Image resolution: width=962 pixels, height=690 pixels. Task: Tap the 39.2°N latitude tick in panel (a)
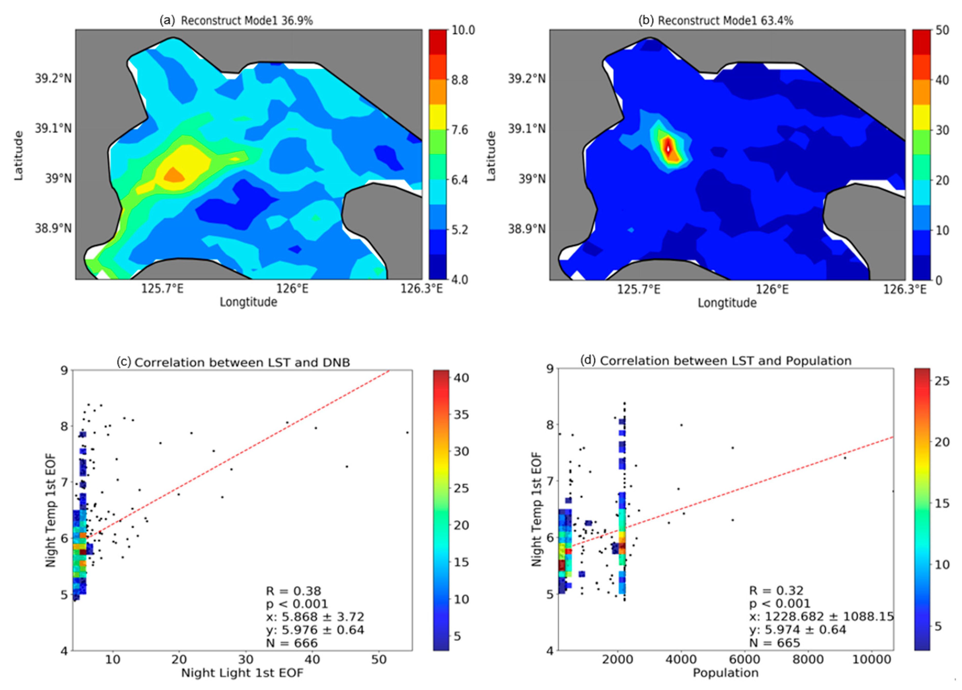coord(53,79)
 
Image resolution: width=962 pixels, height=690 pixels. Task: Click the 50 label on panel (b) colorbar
coord(938,30)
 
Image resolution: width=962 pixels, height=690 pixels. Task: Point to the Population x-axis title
coord(726,673)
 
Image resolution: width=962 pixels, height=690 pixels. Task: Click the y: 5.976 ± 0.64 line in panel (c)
coord(315,630)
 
